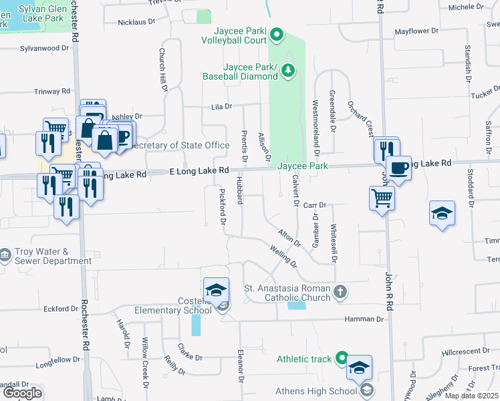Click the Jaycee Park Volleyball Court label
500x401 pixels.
tap(233, 35)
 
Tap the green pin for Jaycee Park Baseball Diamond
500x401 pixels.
tap(288, 70)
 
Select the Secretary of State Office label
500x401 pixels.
tap(180, 145)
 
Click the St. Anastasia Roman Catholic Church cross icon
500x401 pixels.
tap(340, 291)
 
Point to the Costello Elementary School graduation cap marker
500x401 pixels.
tap(216, 291)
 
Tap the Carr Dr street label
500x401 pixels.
tap(314, 205)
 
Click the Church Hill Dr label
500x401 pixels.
tap(162, 70)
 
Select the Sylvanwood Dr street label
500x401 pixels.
tap(45, 49)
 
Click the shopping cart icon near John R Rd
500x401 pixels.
tap(382, 198)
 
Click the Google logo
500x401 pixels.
tap(22, 393)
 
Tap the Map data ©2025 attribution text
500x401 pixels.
tap(471, 396)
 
